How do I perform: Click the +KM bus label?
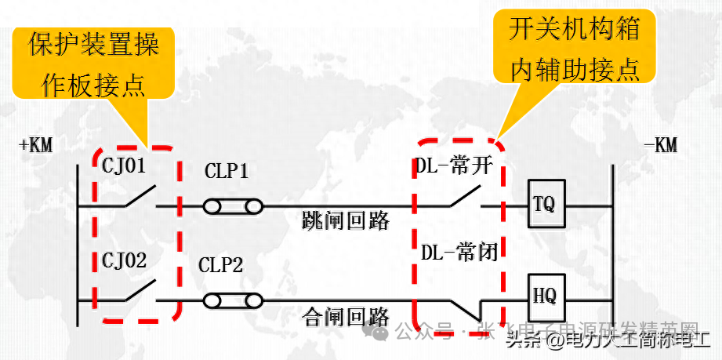point(36,145)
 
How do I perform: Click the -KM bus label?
point(659,145)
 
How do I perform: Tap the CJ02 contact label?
point(125,260)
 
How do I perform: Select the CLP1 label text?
point(227,172)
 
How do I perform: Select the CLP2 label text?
point(220,265)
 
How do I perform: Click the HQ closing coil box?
point(543,296)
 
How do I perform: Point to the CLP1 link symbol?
point(233,207)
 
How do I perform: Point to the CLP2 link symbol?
point(233,300)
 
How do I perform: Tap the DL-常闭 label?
point(459,253)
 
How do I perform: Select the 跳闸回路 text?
point(346,220)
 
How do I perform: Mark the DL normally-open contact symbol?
point(463,198)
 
